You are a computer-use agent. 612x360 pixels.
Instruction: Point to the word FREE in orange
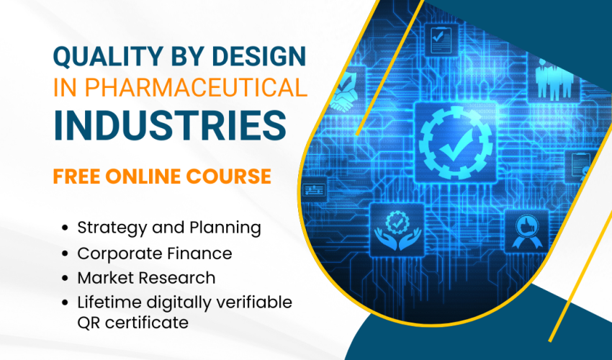[78, 176]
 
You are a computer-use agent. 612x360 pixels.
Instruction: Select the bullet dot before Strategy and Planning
[66, 228]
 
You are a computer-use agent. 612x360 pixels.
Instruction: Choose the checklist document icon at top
[438, 39]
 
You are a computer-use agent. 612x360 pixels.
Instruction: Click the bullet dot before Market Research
[66, 277]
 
